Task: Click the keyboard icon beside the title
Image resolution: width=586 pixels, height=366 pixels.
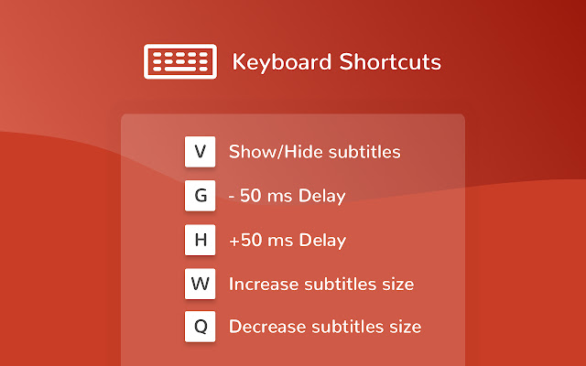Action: (x=180, y=61)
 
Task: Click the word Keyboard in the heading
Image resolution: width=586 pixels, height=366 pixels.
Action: (x=282, y=62)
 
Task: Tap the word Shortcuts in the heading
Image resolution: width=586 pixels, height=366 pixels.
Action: (x=390, y=61)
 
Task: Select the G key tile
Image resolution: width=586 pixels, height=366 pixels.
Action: (x=200, y=196)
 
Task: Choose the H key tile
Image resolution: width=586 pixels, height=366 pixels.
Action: (x=200, y=240)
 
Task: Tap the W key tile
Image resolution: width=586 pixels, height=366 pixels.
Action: (x=200, y=284)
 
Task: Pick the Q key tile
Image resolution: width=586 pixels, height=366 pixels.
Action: (x=200, y=327)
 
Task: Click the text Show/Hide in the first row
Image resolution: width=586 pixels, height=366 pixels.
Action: (x=276, y=152)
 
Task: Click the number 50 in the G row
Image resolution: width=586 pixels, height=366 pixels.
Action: (x=250, y=196)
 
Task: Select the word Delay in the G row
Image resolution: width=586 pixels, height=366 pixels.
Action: (x=321, y=197)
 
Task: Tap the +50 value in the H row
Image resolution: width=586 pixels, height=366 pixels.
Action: (x=245, y=240)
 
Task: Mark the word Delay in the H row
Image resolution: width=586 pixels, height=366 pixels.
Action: (x=322, y=241)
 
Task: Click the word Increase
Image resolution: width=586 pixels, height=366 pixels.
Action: (x=263, y=285)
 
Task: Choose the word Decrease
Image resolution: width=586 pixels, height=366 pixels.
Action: (x=266, y=327)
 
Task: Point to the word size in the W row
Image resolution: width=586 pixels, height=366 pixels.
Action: (x=398, y=285)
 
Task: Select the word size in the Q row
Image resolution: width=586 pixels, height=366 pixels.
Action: (x=406, y=328)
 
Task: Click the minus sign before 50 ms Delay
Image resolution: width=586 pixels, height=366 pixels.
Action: (x=232, y=197)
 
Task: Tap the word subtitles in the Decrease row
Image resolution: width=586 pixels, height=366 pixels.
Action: (x=348, y=327)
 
